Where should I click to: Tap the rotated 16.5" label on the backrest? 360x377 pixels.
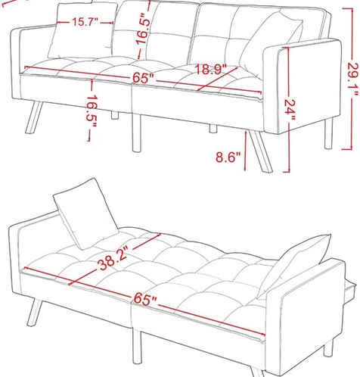(x=144, y=29)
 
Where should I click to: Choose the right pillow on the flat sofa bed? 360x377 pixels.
(x=295, y=265)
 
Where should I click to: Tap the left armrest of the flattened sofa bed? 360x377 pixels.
(x=23, y=250)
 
